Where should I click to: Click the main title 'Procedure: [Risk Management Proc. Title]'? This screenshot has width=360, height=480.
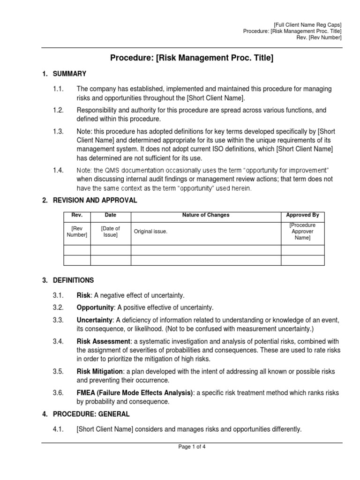[191, 58]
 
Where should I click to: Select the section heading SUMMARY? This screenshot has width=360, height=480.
[69, 74]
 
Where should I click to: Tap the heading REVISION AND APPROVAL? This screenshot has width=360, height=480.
[95, 200]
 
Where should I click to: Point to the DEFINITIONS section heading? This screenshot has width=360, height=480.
[73, 280]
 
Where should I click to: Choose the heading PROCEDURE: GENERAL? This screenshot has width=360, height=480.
[91, 414]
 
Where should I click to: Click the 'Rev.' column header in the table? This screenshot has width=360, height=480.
[77, 215]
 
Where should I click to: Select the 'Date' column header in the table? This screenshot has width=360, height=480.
[111, 215]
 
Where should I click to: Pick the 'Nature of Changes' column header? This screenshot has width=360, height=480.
[206, 215]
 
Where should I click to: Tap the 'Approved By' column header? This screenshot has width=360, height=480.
[302, 215]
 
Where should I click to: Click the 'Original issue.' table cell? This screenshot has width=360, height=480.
[150, 232]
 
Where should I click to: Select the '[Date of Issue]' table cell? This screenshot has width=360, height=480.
[111, 232]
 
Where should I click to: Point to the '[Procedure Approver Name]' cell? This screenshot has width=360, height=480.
[302, 232]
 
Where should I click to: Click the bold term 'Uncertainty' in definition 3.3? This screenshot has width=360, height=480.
[95, 320]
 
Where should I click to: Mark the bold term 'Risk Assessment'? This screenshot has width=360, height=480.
[103, 342]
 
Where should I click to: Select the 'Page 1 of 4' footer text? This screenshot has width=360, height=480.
[192, 447]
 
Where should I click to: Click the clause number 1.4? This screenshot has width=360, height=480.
[58, 170]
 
